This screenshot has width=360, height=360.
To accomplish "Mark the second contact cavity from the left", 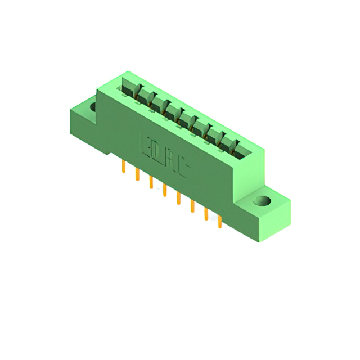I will click(145, 96).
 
